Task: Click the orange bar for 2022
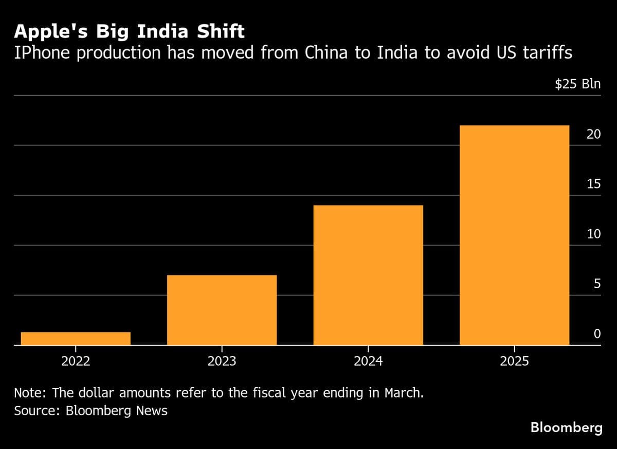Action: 76,339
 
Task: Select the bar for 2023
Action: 222,310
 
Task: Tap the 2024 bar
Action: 368,275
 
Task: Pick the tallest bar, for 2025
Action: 514,235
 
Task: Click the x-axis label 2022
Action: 76,361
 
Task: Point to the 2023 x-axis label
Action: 222,361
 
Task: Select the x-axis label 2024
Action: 368,361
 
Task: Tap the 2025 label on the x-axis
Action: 514,361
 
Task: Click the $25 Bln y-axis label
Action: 577,84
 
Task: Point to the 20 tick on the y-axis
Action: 594,134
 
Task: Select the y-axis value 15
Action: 594,184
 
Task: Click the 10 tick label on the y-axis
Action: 594,234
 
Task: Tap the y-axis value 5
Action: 597,284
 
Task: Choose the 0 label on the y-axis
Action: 597,334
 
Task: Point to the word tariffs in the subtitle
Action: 546,52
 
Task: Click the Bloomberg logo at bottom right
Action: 566,427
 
